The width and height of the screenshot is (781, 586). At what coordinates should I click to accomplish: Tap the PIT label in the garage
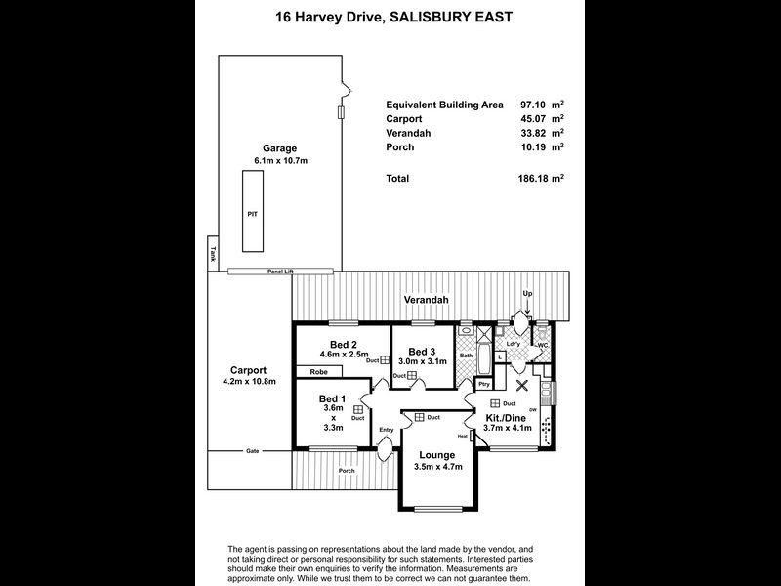click(253, 211)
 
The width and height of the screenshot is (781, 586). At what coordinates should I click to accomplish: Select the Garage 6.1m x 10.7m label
click(278, 154)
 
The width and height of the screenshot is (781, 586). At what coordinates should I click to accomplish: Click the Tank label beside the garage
click(213, 254)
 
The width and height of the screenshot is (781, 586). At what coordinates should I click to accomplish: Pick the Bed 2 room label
click(343, 349)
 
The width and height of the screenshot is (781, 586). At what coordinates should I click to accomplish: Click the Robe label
click(318, 372)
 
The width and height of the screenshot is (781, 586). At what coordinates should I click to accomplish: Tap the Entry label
click(387, 430)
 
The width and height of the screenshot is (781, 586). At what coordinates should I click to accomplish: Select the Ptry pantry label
click(484, 385)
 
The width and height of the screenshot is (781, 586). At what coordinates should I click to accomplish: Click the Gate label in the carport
click(252, 451)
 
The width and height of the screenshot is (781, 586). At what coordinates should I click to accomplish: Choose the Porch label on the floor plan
click(347, 471)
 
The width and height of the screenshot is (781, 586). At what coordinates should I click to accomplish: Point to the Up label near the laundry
click(528, 293)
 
